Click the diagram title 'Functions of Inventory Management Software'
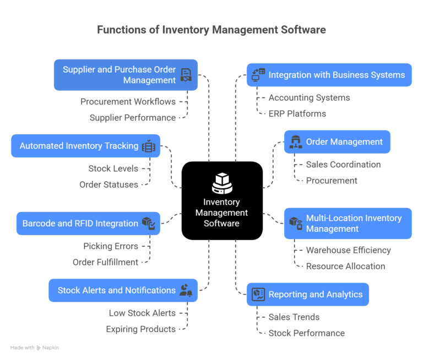coord(211,30)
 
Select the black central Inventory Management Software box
coord(222,200)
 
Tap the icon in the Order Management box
coord(296,141)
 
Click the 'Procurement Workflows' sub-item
coord(128,101)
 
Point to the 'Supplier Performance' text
coord(132,117)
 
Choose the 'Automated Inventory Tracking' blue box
coord(85,146)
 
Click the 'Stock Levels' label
coord(113,168)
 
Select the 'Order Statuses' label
coord(109,184)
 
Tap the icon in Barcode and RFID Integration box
coord(148,223)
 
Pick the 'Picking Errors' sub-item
coord(111,246)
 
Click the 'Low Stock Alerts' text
coord(142,313)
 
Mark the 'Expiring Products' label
coord(140,329)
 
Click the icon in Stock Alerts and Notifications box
coord(186,290)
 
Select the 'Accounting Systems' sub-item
coord(309,97)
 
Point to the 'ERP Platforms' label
coord(297,113)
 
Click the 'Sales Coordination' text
coord(343,164)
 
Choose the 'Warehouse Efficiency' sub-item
coord(348,250)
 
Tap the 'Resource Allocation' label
coord(345,266)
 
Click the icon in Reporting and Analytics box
coord(258,294)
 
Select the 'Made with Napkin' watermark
coord(34,348)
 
